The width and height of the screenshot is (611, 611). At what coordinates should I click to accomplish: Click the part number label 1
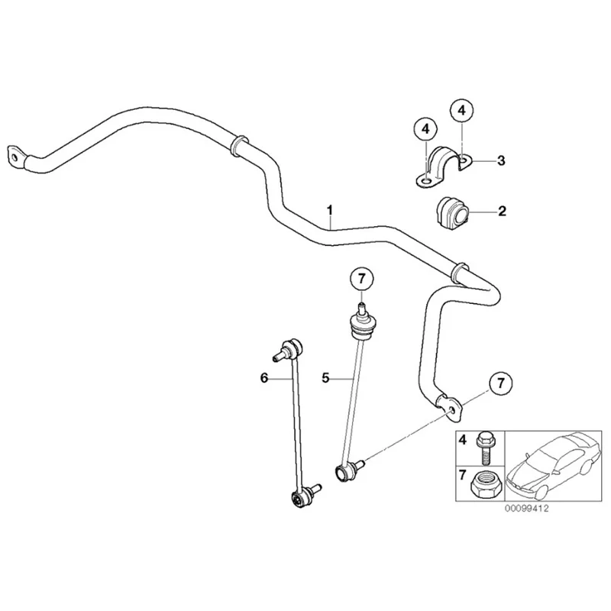coord(330,209)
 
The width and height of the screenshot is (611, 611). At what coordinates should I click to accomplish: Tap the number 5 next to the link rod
coord(325,377)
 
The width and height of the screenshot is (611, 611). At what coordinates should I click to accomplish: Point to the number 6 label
coord(264,377)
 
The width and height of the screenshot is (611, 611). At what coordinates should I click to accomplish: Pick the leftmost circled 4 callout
coord(426,129)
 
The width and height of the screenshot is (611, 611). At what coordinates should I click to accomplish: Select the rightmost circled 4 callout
coord(461,112)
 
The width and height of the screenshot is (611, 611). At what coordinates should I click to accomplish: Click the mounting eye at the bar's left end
coord(16,154)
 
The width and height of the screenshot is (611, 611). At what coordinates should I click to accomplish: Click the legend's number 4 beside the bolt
coord(462,440)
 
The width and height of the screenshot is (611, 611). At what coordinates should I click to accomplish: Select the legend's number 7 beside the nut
coord(462,476)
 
